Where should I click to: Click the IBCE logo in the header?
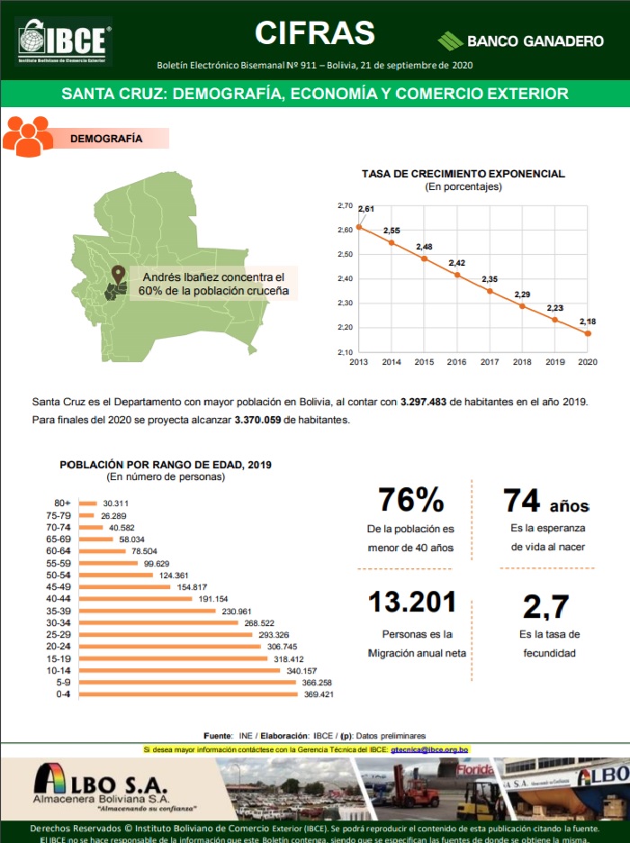coord(64,41)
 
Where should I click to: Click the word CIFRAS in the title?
coord(314,32)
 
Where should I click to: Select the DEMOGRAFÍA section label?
coord(106,139)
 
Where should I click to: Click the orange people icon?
coord(28,136)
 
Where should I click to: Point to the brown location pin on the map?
coord(118,274)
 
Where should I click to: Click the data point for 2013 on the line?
coord(358,227)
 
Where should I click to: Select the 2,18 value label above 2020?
coord(588,322)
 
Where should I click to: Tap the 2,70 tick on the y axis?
coord(345,206)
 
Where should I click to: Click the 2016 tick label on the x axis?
coord(456,362)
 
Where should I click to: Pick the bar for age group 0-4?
coord(188,693)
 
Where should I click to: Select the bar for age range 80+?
coord(88,503)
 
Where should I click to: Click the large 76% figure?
coord(410,500)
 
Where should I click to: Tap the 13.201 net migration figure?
coord(412,603)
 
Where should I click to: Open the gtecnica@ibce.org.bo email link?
coord(429,749)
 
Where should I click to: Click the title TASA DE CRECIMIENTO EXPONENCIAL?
coord(463,173)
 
